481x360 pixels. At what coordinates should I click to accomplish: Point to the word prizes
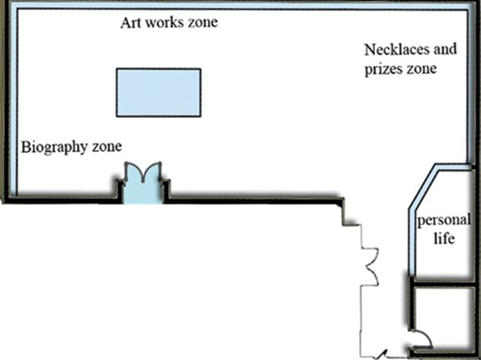[383, 69]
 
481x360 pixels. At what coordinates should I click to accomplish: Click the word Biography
[55, 147]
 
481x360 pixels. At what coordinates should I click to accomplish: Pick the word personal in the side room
[443, 221]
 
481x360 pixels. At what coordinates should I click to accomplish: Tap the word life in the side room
[444, 238]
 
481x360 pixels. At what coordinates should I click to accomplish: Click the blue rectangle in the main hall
[159, 93]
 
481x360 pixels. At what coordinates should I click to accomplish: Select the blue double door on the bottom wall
[142, 183]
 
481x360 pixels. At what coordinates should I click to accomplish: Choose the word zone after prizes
[421, 69]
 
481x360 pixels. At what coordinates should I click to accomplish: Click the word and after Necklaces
[446, 49]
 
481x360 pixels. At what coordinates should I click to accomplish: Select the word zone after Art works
[203, 22]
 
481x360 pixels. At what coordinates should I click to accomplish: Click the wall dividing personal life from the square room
[443, 284]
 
